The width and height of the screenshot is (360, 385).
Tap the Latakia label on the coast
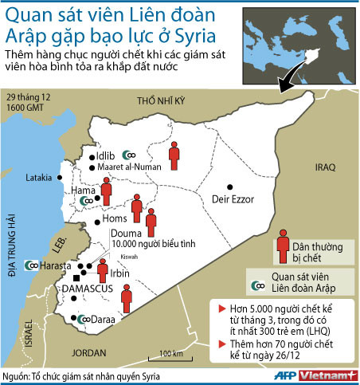(x=41, y=177)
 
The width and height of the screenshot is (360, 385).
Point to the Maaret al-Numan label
(x=131, y=167)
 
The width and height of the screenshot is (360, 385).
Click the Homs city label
(x=116, y=218)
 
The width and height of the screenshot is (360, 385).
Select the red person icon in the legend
(x=281, y=246)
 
